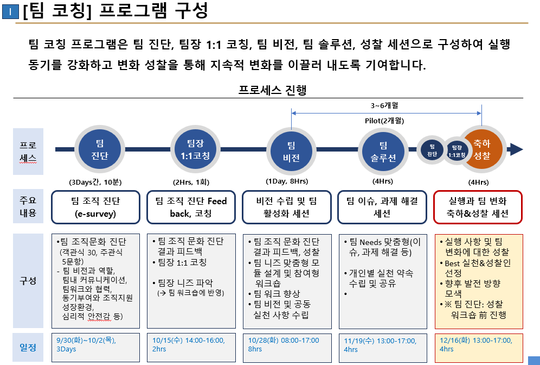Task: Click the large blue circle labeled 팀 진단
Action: coord(99,149)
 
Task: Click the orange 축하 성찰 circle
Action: coord(481,149)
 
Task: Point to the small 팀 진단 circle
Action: coord(432,150)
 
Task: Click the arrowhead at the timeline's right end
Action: coord(516,150)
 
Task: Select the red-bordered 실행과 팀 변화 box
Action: coord(478,207)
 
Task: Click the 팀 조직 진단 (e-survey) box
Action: coord(96,207)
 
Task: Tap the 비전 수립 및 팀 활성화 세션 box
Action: coord(286,207)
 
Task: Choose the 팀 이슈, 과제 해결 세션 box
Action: coord(382,207)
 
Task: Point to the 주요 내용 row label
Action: coord(28,207)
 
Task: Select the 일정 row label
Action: coord(28,347)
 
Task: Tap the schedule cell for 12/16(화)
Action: coord(478,345)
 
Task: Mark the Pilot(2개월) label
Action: coord(384,121)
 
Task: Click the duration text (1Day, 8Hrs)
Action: coord(287,181)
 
